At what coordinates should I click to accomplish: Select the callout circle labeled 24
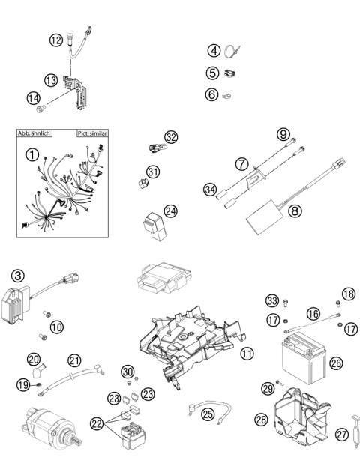172,211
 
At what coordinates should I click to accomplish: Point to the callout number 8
295,211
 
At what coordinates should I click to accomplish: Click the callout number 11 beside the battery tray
247,351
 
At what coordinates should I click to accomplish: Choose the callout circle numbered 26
336,363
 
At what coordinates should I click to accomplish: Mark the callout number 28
261,420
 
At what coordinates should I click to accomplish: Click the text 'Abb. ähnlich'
35,133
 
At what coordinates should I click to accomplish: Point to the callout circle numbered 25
208,413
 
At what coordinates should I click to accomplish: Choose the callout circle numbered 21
73,360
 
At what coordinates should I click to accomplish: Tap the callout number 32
171,137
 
